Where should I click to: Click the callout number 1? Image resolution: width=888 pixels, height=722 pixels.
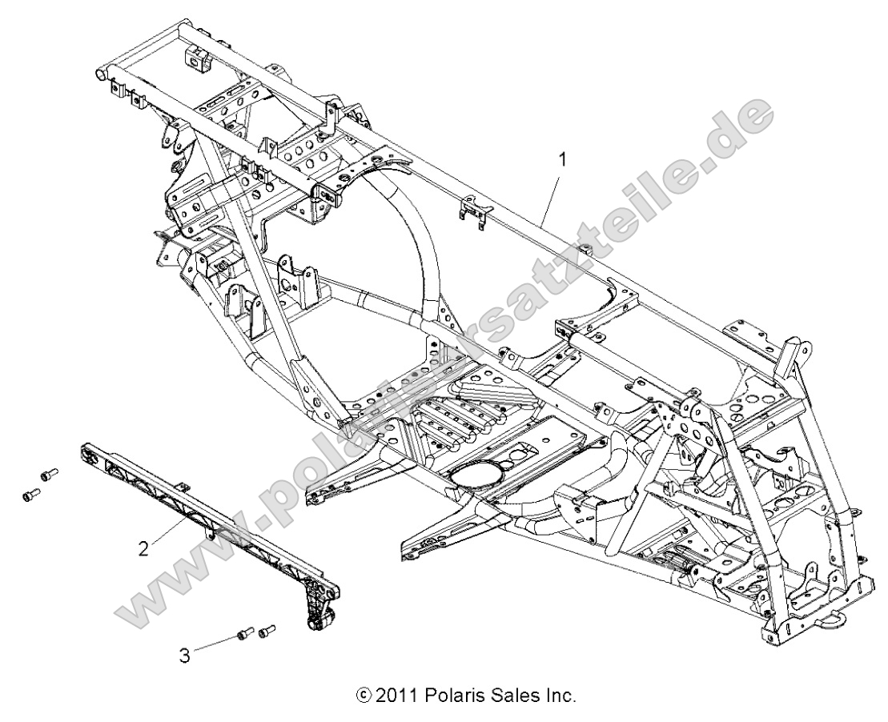(x=562, y=159)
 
